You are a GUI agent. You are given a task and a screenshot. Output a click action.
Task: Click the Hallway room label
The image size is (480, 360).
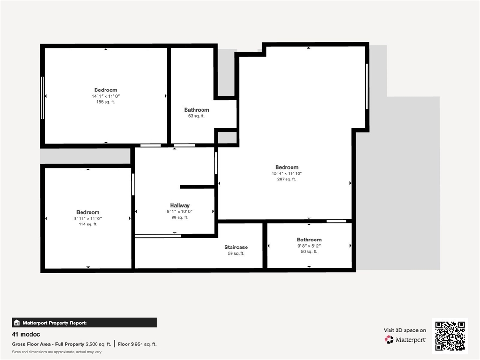coord(180,205)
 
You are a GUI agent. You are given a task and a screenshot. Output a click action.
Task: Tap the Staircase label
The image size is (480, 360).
coord(236,247)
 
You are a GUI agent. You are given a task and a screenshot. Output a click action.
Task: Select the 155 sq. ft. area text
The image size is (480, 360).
coord(105,102)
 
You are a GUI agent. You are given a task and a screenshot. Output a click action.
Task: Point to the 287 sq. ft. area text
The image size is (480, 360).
coord(286,179)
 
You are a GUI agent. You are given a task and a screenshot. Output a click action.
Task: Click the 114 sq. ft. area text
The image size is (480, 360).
coord(88,224)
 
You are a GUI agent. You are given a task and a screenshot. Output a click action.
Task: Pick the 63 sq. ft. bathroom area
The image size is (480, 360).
coord(196,116)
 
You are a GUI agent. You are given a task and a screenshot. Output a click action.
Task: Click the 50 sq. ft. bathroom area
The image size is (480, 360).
coord(309,251)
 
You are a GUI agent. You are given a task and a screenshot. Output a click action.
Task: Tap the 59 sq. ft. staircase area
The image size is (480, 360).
coord(236,253)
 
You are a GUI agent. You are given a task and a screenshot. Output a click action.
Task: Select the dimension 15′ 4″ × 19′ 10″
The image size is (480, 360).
coord(286,173)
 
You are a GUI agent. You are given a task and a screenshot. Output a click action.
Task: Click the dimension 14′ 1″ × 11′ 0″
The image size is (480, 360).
coord(105,96)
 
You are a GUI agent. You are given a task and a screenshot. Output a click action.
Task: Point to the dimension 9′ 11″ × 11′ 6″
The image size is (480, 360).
coord(88,218)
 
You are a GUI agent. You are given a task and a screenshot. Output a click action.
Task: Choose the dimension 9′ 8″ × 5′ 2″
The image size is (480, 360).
coord(309,246)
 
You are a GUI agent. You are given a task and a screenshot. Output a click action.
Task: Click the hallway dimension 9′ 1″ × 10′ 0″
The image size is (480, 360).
coord(180,211)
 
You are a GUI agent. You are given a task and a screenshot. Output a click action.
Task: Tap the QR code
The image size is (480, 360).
coord(450,336)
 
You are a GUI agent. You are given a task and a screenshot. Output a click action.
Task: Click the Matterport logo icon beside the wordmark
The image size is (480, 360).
coord(389,339)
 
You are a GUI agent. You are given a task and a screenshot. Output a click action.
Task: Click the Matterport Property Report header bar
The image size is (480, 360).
coord(84,322)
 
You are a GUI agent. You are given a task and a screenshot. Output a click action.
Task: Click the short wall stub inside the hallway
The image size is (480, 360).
coord(197,187)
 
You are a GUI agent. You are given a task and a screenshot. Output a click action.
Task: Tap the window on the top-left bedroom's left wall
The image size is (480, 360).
coord(42,97)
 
